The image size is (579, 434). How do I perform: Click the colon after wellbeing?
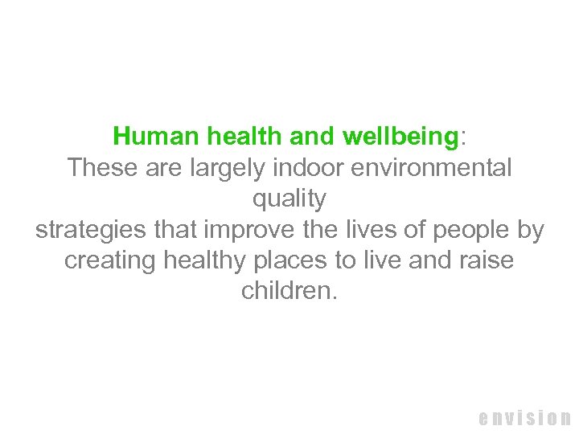coord(462,137)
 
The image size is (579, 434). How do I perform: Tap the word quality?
coord(289,199)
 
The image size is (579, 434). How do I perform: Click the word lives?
coord(367,230)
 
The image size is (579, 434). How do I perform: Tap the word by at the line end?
coord(530,231)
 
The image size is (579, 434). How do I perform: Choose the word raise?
coord(486,261)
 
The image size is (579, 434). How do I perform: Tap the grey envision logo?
coord(524,418)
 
